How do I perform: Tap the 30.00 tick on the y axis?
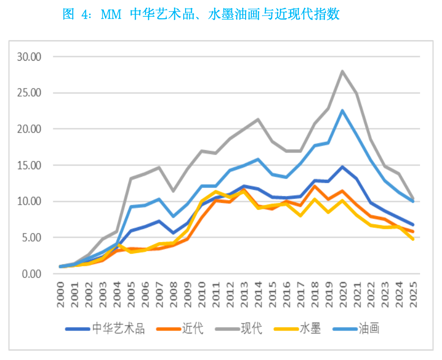pos(28,56)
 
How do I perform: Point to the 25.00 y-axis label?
pos(28,93)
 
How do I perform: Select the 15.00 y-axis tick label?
pos(28,165)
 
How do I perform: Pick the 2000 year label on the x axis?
pos(61,294)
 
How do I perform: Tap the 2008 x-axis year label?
pos(173,294)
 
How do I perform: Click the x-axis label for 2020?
pos(343,294)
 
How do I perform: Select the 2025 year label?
pos(413,294)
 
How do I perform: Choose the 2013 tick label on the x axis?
pos(244,294)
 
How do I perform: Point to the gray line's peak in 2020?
pos(343,71)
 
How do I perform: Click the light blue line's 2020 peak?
pos(343,111)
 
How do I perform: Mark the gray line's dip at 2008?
pos(173,191)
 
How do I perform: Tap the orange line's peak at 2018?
pos(314,187)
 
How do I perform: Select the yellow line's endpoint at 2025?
pos(413,239)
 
